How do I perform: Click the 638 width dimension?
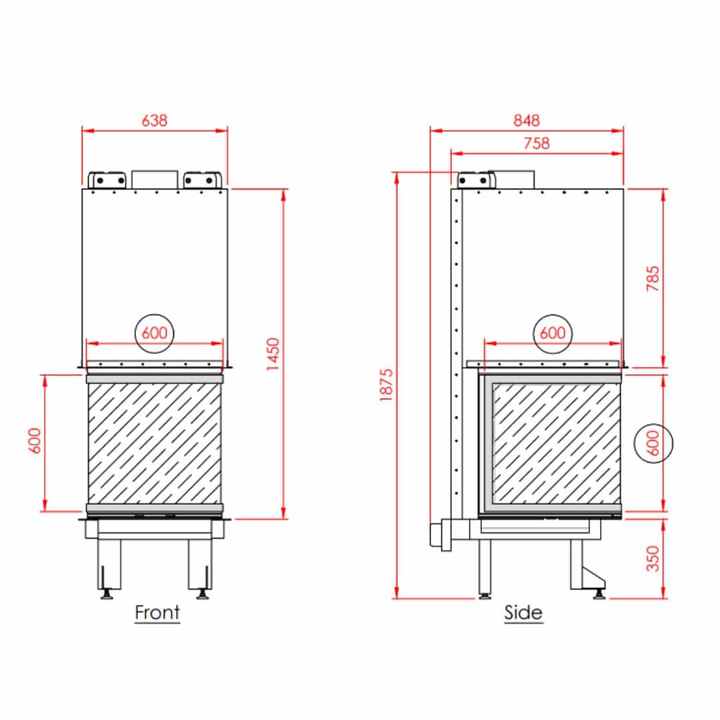click(154, 120)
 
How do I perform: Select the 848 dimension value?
click(526, 120)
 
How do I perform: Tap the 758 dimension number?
click(536, 143)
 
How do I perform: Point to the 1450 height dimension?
click(273, 354)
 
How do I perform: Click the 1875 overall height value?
click(387, 385)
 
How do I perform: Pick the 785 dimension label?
click(653, 278)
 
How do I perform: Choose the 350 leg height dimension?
click(653, 558)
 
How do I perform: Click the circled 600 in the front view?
click(154, 333)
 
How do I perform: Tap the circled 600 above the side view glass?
click(553, 333)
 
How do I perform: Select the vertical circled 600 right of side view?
click(653, 443)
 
